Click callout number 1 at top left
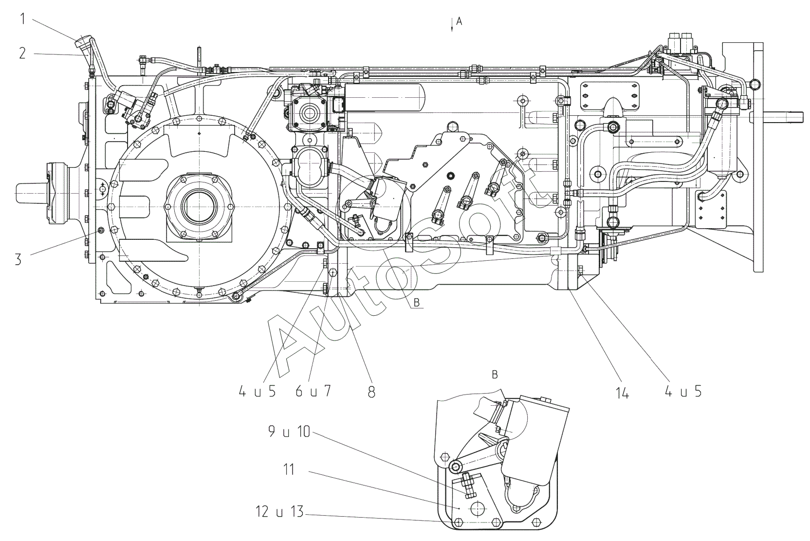click(23, 19)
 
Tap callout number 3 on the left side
click(18, 259)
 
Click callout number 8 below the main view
click(371, 392)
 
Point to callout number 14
click(623, 392)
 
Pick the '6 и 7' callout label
click(313, 391)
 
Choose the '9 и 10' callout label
click(289, 432)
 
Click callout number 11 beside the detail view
click(289, 470)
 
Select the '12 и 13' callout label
click(279, 512)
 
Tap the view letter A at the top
click(459, 22)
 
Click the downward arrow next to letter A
click(452, 25)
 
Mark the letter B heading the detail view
click(495, 375)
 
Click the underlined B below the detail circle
click(417, 303)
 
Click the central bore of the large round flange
click(200, 207)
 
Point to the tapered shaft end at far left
click(30, 193)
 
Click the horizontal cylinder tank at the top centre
click(385, 97)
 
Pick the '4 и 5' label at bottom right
click(683, 391)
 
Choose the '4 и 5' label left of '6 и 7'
click(257, 391)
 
